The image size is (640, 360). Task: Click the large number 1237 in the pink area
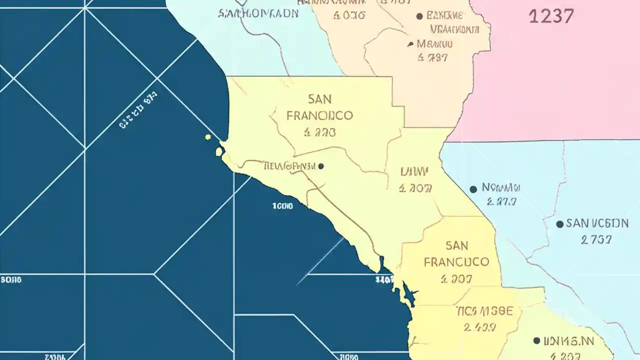coord(551,16)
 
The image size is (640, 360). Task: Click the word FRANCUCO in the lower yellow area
coord(456,262)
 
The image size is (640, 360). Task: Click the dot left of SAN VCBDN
coord(559,224)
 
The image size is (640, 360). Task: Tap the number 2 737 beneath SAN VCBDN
coord(596,240)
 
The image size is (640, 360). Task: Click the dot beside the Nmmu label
coord(473,189)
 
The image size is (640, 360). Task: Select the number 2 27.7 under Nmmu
coord(501,202)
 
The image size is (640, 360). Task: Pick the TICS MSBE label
coord(484,311)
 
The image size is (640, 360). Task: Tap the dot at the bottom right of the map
coord(536,340)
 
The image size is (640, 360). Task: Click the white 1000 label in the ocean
coord(282,206)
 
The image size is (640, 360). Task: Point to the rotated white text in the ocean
coord(138,110)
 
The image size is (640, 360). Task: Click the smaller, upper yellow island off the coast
coord(208,137)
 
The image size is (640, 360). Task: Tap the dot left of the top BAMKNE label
coord(419,16)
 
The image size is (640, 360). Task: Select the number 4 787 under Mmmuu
coord(432,58)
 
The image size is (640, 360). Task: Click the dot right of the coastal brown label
coord(320,166)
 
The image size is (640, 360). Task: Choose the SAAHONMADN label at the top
coord(258,13)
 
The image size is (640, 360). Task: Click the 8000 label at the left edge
coord(11,280)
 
